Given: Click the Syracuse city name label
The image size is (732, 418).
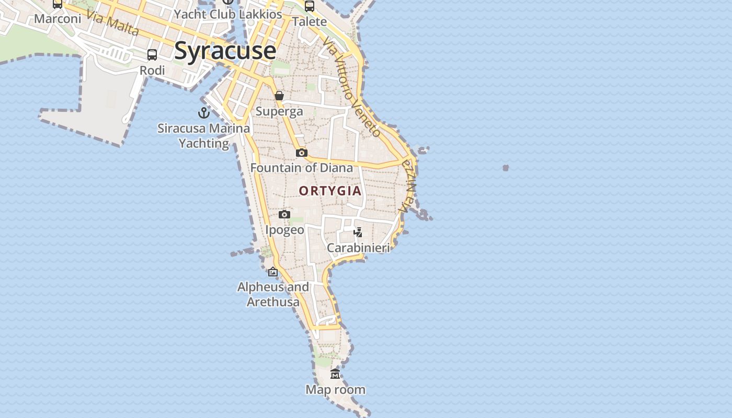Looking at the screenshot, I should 225,51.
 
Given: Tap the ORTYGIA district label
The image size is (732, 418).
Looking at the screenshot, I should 330,191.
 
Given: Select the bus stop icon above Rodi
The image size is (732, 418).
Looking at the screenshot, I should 152,55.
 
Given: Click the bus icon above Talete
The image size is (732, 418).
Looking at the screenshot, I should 310,6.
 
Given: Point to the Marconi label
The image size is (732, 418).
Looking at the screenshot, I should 58,19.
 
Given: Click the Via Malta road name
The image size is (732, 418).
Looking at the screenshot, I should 113,23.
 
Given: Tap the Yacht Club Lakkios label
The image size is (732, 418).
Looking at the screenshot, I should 228,14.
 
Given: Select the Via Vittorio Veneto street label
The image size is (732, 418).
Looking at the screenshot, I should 352,86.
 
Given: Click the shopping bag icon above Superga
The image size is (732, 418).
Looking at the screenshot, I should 279,96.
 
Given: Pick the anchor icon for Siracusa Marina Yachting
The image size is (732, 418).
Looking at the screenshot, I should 203,112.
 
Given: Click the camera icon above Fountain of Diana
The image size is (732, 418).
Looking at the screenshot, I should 302,153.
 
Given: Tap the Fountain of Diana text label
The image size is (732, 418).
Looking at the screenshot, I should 302,168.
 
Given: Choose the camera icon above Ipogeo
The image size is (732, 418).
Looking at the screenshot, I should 284,214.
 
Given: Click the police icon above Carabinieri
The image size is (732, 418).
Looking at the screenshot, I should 358,232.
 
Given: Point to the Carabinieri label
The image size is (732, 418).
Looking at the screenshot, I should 359,248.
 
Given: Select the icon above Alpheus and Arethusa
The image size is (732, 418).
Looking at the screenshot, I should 273,272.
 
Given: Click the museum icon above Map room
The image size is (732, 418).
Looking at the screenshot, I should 335,374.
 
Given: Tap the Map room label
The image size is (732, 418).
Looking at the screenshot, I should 335,389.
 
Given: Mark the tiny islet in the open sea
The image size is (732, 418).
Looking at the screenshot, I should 506,168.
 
